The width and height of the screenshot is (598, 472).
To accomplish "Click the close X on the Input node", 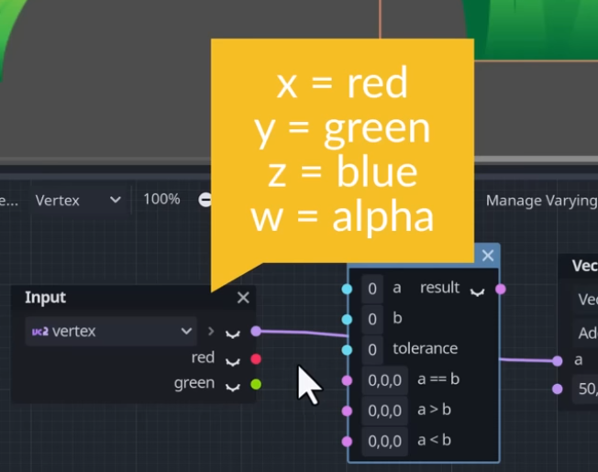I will click(243, 297).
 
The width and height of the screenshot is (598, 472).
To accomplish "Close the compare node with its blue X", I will click(488, 256).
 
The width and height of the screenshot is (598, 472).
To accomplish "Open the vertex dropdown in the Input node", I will click(111, 331).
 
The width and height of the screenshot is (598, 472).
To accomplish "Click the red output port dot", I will click(256, 358).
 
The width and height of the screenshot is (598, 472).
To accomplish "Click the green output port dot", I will click(256, 384).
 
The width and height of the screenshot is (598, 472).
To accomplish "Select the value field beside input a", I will click(372, 289).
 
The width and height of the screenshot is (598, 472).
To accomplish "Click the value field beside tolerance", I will click(372, 349).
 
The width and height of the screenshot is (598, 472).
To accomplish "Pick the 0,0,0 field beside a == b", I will click(385, 379).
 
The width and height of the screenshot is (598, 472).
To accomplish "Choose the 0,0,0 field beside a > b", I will click(385, 411).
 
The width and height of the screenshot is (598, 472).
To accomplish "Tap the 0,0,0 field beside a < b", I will click(385, 441).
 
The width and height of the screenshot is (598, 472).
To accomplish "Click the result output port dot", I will click(501, 289).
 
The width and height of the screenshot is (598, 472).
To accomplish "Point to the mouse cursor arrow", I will click(307, 382).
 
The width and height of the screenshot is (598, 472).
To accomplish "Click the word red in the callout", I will click(377, 84).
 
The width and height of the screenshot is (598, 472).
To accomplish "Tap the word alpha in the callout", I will click(382, 217).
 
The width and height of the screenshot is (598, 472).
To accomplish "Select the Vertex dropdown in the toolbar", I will click(78, 200).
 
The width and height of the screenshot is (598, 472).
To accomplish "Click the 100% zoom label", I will click(161, 199).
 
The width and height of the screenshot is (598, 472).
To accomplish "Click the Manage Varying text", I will click(540, 200).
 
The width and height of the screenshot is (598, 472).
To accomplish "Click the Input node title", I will click(45, 297).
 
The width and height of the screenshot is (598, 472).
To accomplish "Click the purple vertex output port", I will click(256, 331).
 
